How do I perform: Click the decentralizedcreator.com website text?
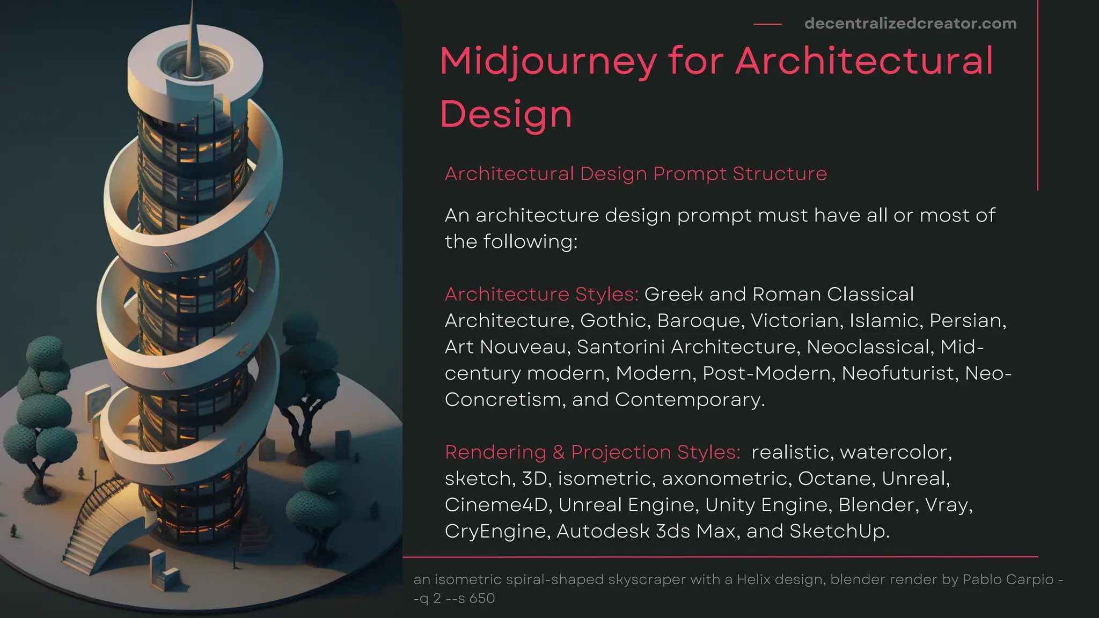[x=910, y=24]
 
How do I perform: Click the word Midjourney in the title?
[x=548, y=61]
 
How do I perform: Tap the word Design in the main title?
[x=506, y=114]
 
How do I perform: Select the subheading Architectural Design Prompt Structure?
[x=636, y=174]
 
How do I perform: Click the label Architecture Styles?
[x=541, y=294]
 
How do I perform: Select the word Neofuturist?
[x=900, y=373]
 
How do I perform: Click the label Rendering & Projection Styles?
[x=592, y=452]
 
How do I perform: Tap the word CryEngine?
[x=495, y=531]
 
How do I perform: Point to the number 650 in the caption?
[x=482, y=598]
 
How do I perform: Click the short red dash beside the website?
[x=767, y=24]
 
